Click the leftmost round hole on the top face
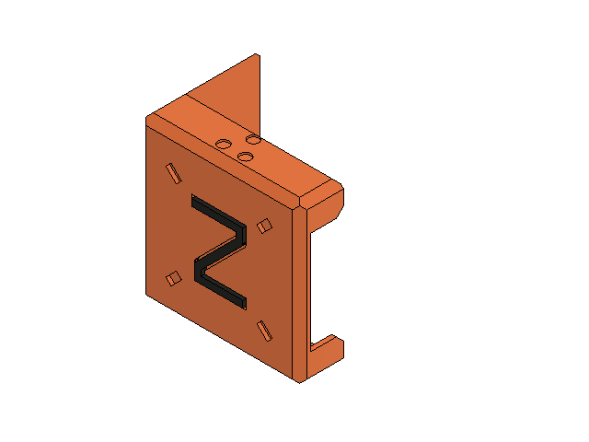[x=223, y=145]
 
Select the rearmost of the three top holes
[x=252, y=139]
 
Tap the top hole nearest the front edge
[x=245, y=157]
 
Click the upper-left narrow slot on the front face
[x=171, y=171]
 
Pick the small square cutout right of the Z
[x=265, y=225]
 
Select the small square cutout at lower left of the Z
[x=172, y=277]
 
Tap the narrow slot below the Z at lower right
[x=264, y=330]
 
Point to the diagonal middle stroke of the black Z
[x=222, y=256]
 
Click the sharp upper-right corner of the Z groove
[x=245, y=231]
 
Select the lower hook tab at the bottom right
[x=330, y=349]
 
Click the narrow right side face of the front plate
[x=303, y=295]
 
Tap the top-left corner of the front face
[x=147, y=120]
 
